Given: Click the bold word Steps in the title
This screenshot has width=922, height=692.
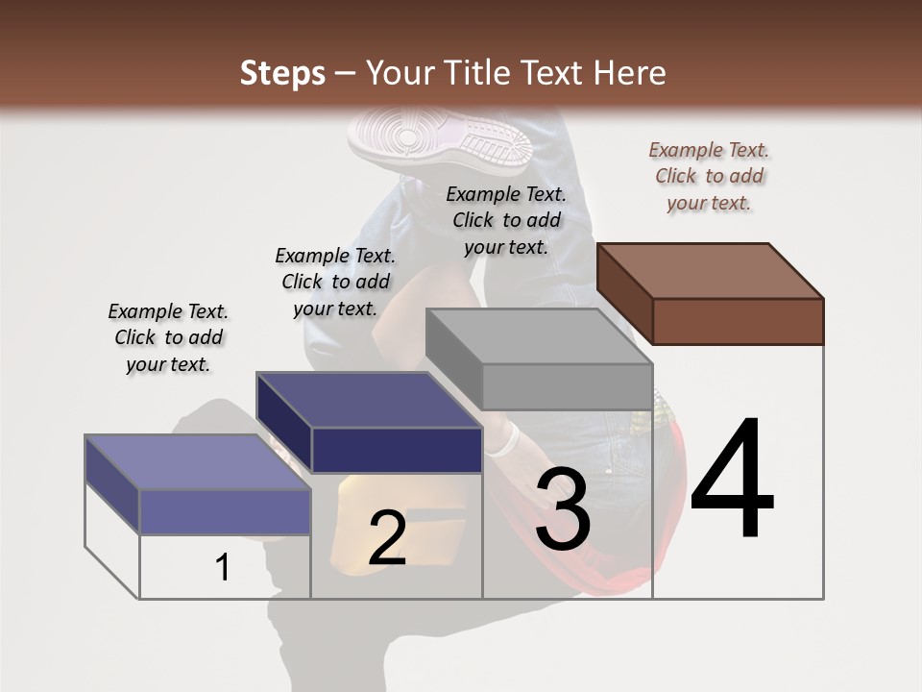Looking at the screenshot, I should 282,73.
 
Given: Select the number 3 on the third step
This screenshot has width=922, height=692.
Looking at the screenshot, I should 563,509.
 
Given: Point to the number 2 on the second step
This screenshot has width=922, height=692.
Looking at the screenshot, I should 387,538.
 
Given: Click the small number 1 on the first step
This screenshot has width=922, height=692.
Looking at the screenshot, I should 223,568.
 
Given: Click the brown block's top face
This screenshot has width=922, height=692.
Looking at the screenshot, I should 709,270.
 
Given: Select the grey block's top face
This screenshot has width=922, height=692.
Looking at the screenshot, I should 538,336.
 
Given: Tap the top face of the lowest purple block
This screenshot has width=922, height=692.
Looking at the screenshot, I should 197,462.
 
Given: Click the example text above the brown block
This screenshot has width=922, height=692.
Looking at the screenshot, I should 709,176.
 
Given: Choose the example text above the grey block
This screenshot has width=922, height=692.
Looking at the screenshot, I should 506,220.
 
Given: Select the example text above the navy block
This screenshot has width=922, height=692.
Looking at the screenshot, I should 335,282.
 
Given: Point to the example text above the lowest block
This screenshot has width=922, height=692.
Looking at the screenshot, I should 168,337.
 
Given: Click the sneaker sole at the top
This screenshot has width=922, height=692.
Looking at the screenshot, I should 440,140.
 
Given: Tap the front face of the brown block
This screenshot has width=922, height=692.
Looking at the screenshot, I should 738,321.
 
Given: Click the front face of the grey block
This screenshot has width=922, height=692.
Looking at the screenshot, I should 567,387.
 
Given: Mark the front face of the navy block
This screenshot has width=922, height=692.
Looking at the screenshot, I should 397,450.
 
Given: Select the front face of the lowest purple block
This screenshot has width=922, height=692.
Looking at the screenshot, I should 225,511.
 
